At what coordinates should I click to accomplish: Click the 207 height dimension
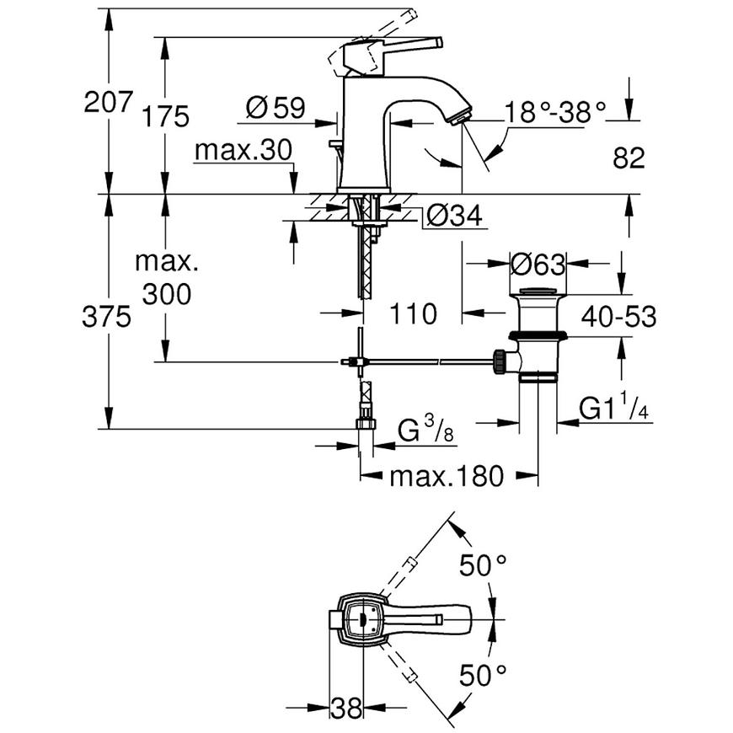109,101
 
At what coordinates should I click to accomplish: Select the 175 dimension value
165,116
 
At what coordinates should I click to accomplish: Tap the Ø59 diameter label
276,108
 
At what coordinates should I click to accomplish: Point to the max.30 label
243,150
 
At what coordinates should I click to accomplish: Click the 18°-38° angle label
555,112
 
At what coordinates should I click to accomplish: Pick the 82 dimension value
629,158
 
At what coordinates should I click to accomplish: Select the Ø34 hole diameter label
454,216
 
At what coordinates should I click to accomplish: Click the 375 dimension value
107,317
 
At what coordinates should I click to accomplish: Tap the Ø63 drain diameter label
538,265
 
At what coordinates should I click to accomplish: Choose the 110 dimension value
413,313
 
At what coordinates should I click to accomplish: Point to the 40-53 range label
618,317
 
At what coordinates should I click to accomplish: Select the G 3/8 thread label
425,429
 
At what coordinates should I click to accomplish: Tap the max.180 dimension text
447,476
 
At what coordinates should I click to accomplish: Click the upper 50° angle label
483,564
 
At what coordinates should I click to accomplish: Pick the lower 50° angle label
483,675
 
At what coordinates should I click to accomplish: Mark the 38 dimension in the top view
346,708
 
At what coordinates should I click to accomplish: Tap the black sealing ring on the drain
538,334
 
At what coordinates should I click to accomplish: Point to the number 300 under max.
167,294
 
